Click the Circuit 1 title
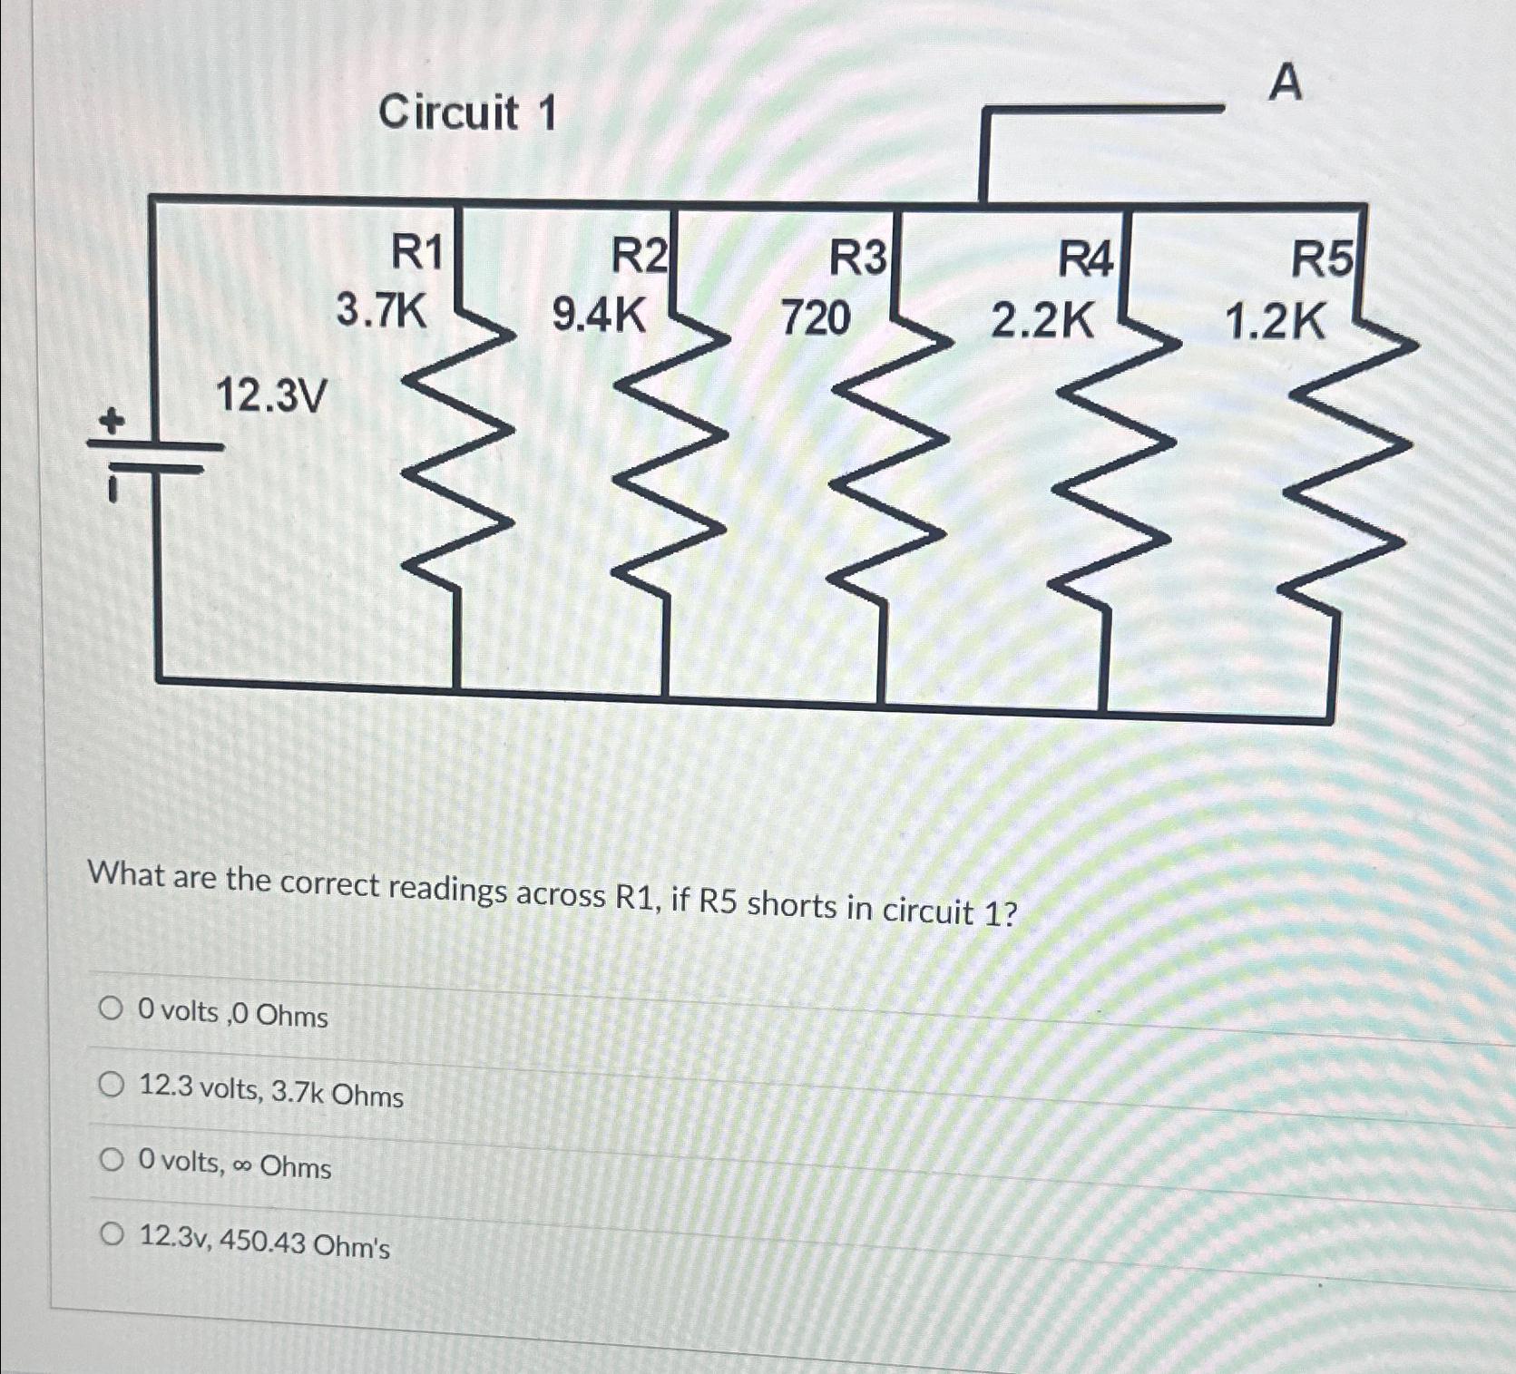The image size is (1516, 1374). coord(467,113)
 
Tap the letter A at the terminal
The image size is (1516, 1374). coord(1285,83)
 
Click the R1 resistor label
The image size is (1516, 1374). coord(416,251)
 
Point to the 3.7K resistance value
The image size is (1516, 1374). coord(381,310)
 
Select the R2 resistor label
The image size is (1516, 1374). coord(639,255)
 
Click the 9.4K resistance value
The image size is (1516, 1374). coord(599,316)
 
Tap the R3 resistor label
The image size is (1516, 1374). coord(858,258)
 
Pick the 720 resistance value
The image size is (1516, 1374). coord(816,317)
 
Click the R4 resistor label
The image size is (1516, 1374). coord(1085,261)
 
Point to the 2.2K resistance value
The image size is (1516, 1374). coord(1042,320)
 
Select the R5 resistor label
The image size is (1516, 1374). coord(1321,260)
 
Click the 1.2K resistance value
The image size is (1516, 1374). coord(1275,322)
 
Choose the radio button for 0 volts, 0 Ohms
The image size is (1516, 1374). coord(111,1009)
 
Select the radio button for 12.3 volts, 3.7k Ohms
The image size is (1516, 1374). coord(111,1084)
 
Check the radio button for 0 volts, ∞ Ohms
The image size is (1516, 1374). coord(111,1159)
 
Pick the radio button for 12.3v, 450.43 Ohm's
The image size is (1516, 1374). coord(111,1234)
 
